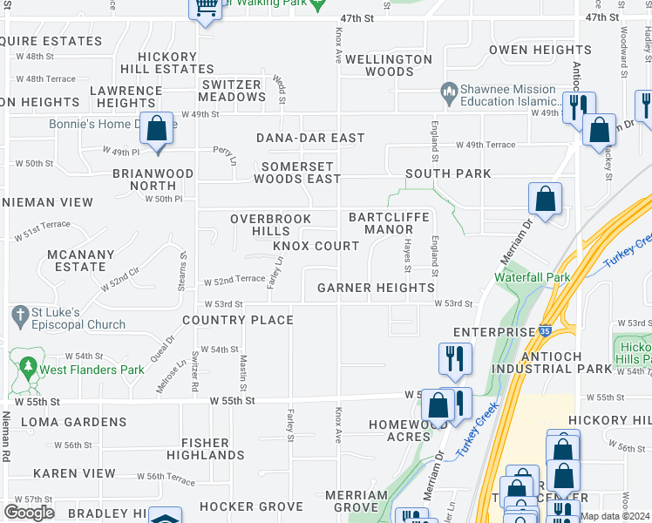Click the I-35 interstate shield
coord(545,331)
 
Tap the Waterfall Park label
coord(532,276)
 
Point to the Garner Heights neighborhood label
coord(376,288)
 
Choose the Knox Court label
coord(316,247)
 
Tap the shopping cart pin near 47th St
coord(206,8)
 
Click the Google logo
coord(29,513)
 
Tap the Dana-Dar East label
coord(309,138)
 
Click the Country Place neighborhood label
coord(238,320)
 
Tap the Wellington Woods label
coord(389,65)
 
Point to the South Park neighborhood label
coord(447,173)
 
